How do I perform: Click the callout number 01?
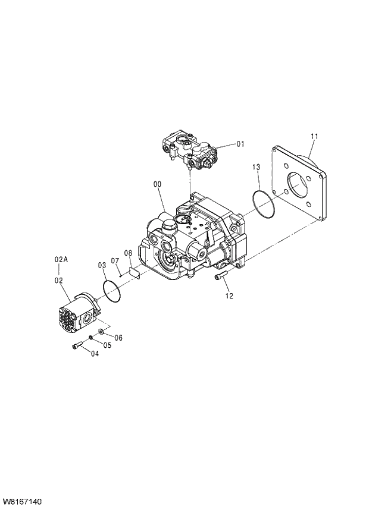(x=240, y=144)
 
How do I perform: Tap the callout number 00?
(x=158, y=185)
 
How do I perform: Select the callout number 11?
(x=314, y=136)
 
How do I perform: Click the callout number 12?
(x=229, y=295)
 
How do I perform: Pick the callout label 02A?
(x=61, y=259)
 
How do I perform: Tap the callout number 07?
(x=128, y=254)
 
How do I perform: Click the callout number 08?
(x=128, y=254)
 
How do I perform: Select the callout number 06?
(x=118, y=337)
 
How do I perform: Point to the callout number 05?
(x=108, y=345)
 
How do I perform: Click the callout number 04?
(x=95, y=354)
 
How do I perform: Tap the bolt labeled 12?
(x=220, y=276)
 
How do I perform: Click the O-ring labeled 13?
(x=262, y=204)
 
